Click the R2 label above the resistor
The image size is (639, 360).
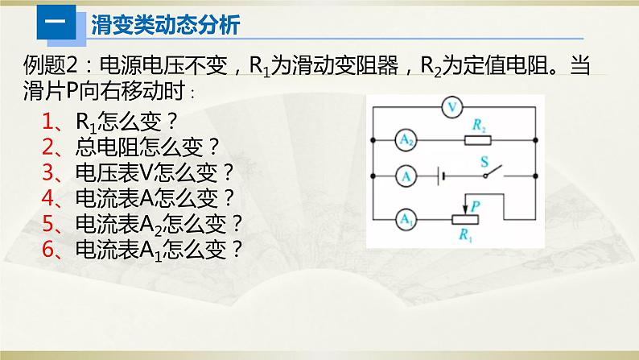(x=480, y=125)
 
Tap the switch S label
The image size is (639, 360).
(x=484, y=160)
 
